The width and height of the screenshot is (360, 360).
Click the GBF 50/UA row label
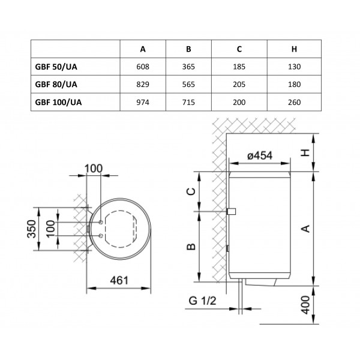click(x=56, y=67)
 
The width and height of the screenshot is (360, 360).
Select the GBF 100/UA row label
click(x=58, y=102)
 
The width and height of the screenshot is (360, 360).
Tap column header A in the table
click(x=143, y=49)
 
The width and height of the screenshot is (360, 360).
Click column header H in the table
click(x=294, y=49)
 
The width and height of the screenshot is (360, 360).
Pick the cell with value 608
click(x=143, y=67)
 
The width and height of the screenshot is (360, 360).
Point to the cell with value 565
click(x=188, y=85)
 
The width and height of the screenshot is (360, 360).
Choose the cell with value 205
click(x=239, y=85)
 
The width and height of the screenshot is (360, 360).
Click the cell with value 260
click(x=295, y=102)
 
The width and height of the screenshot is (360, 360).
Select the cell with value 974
click(x=143, y=102)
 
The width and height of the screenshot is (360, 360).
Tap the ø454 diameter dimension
click(x=260, y=155)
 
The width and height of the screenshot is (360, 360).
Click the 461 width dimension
click(x=119, y=280)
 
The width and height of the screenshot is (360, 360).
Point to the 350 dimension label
click(x=32, y=229)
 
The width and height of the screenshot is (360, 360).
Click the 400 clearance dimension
click(x=305, y=305)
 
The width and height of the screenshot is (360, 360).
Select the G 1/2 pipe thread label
click(x=203, y=301)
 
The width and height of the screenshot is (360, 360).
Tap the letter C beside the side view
click(x=191, y=191)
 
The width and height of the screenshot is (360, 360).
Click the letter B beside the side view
click(x=191, y=247)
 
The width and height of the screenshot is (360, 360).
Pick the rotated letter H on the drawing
click(x=305, y=152)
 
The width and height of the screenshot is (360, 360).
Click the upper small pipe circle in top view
click(x=101, y=222)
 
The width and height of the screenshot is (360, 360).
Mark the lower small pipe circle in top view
click(x=101, y=236)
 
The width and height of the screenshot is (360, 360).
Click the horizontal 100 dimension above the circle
click(x=94, y=169)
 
